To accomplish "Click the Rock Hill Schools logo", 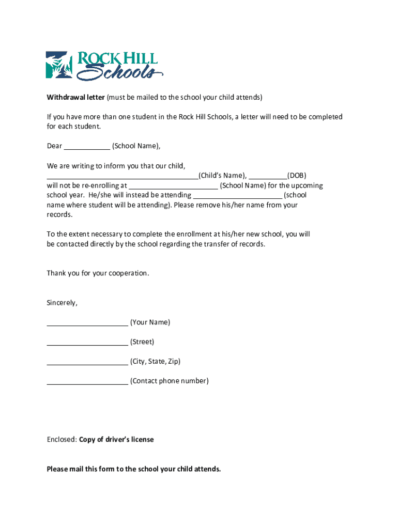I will (x=104, y=66).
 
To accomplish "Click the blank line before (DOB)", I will (x=268, y=176).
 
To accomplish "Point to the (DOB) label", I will (x=297, y=176).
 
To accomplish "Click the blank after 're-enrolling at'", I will (x=173, y=186).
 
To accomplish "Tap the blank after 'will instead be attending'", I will (x=238, y=196).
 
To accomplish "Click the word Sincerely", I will (x=62, y=303).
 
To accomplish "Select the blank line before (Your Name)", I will (x=87, y=323).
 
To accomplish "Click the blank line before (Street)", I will (x=87, y=343).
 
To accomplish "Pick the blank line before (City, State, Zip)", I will (x=87, y=363).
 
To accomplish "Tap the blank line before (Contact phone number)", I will (x=87, y=382).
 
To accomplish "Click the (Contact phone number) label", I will (x=170, y=381).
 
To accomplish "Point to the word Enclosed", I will (x=62, y=440).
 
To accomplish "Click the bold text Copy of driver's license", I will (x=116, y=440).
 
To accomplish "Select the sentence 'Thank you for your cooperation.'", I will (x=98, y=273).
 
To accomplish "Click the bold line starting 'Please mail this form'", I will (x=134, y=469).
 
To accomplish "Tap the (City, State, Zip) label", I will (x=156, y=362).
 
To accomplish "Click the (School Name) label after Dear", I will (x=136, y=146).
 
